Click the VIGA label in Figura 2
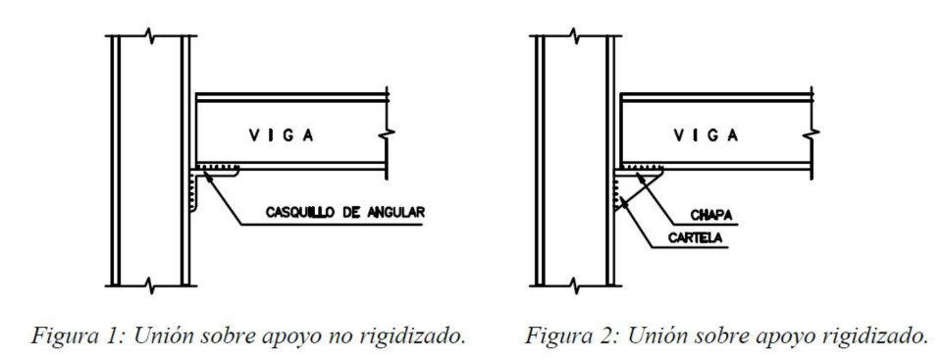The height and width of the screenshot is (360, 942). (706, 136)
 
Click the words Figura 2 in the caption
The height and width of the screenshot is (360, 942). (555, 337)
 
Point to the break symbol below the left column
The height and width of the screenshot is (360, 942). (147, 284)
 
